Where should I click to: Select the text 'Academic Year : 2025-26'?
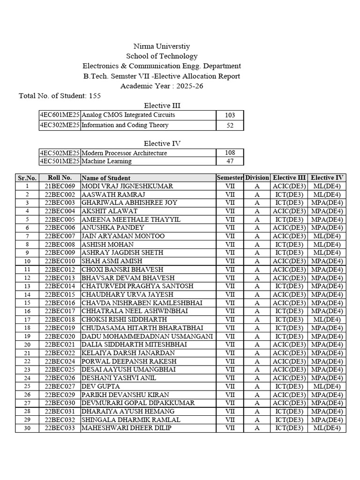click(162, 86)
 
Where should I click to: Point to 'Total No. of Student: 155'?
click(60, 96)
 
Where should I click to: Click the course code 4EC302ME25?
click(60, 126)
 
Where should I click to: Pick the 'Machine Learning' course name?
click(106, 161)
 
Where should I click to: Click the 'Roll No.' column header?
click(60, 178)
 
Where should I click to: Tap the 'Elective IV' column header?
click(328, 178)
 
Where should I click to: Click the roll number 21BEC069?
click(60, 186)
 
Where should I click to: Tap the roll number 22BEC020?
click(60, 336)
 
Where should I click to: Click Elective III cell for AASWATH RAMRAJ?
click(290, 195)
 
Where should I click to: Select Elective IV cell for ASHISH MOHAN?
click(328, 244)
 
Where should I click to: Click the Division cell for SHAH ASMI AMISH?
click(257, 261)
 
